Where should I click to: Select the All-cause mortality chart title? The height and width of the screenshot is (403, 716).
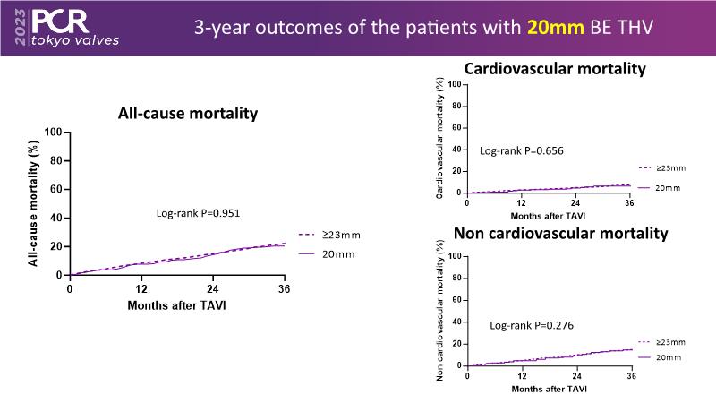[x=188, y=114]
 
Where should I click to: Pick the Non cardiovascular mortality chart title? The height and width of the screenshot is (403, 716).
[x=561, y=235]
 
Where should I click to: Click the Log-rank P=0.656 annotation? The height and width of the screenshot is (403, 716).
[x=521, y=150]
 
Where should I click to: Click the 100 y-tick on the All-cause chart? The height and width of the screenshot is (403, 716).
[x=53, y=133]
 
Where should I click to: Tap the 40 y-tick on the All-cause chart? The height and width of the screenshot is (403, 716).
[x=55, y=218]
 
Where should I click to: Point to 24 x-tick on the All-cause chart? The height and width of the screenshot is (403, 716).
[x=213, y=289]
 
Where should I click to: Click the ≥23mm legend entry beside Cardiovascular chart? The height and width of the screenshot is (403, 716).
[x=661, y=167]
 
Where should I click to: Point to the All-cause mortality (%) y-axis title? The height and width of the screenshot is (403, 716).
[x=33, y=203]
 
